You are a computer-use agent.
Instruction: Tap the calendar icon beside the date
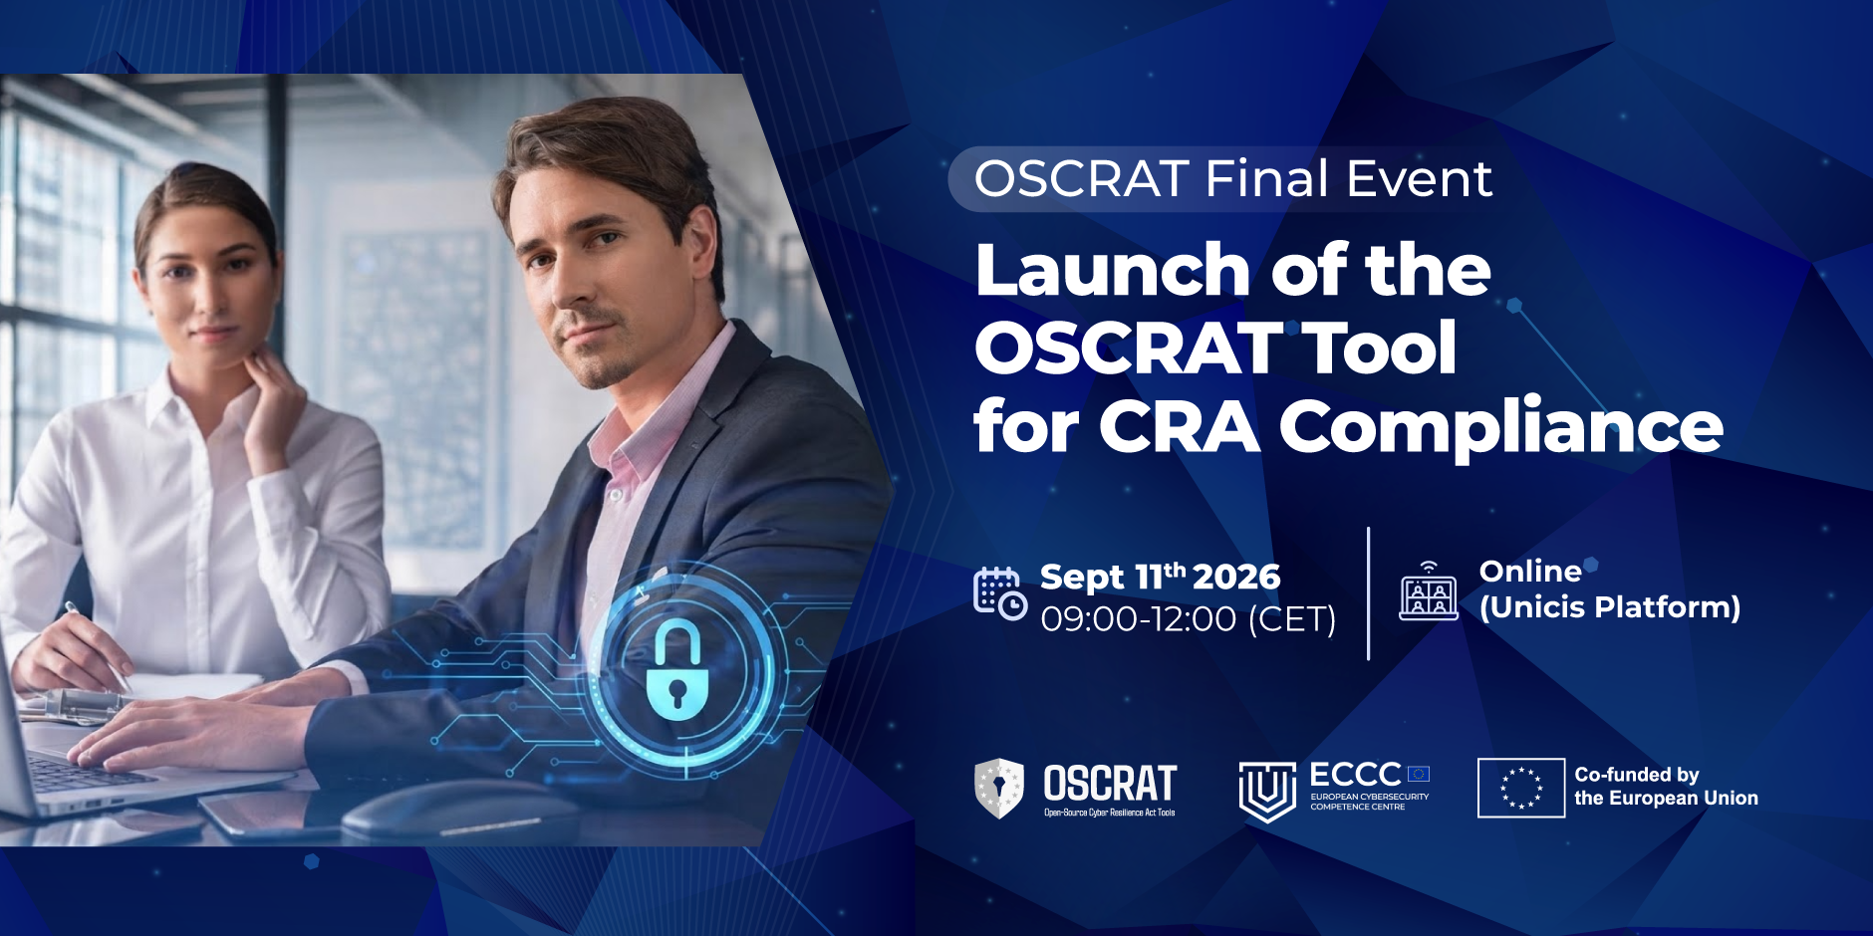pos(1000,593)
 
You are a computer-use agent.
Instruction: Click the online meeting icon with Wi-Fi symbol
pos(1429,591)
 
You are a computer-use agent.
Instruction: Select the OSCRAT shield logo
pos(999,788)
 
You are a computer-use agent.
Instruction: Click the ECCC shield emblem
pos(1267,792)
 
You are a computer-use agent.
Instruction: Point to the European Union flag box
pos(1520,788)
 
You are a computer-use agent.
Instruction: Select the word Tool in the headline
pos(1382,348)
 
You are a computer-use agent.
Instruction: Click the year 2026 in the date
pos(1236,577)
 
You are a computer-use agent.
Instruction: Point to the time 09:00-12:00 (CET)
pos(1189,619)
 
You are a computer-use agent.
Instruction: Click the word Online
pos(1530,572)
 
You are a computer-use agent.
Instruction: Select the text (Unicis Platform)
pos(1610,607)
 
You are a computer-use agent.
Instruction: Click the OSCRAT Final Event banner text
pos(1233,179)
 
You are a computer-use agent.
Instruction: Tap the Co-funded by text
pos(1637,775)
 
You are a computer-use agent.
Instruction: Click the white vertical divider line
pos(1368,593)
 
